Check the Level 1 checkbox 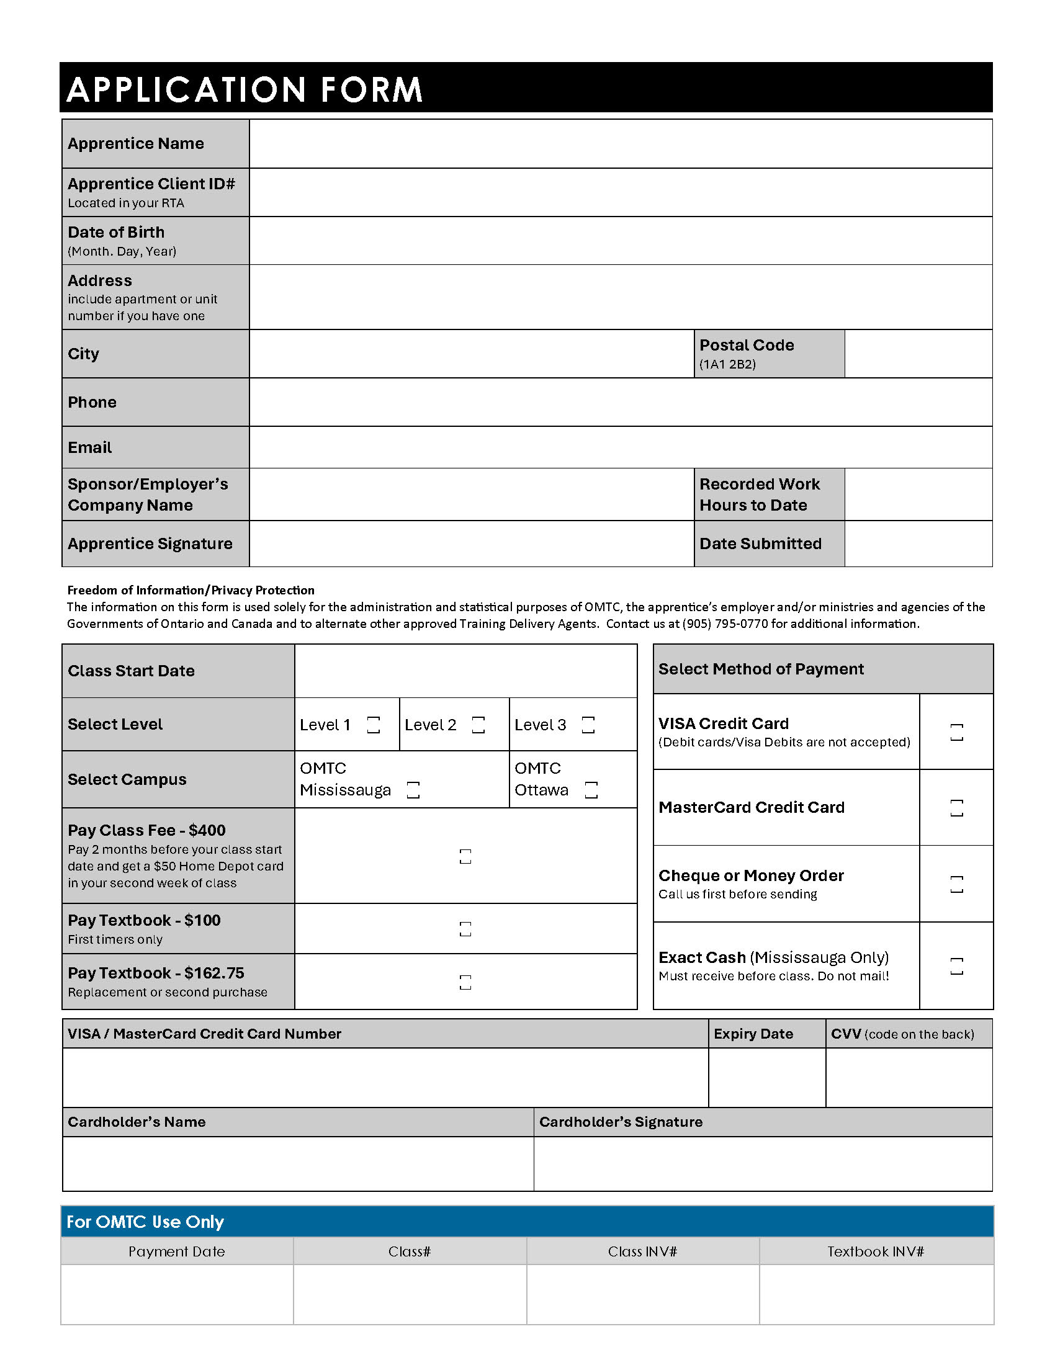point(373,725)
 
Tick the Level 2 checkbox point(478,725)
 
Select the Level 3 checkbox point(588,725)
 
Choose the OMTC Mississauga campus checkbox point(413,790)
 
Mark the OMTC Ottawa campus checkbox point(591,790)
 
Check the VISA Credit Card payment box point(956,733)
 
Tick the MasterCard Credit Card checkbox point(956,808)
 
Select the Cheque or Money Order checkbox point(956,884)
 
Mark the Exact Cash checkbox point(956,966)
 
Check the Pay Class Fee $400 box point(465,856)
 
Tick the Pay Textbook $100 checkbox point(465,929)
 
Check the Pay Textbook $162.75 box point(465,983)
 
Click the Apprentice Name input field point(620,144)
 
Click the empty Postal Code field point(918,354)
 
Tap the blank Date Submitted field point(918,544)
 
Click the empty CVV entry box point(909,1078)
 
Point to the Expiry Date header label point(753,1034)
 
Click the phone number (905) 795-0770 point(725,624)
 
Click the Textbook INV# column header point(876,1252)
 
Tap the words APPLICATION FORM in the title point(245,89)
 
